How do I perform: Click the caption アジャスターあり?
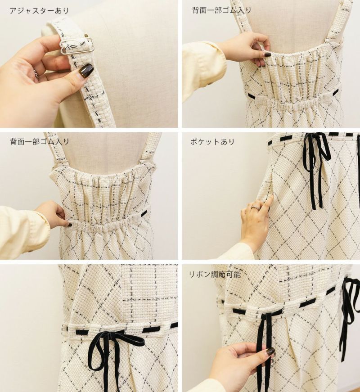pos(39,11)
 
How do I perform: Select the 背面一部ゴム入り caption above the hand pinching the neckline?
pos(221,10)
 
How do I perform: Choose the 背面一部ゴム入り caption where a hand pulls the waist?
pos(40,141)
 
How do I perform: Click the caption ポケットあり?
pos(212,142)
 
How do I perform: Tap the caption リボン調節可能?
pos(215,274)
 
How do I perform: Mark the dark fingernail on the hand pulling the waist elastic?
pos(70,225)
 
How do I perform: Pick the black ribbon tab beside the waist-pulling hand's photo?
pos(144,213)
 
